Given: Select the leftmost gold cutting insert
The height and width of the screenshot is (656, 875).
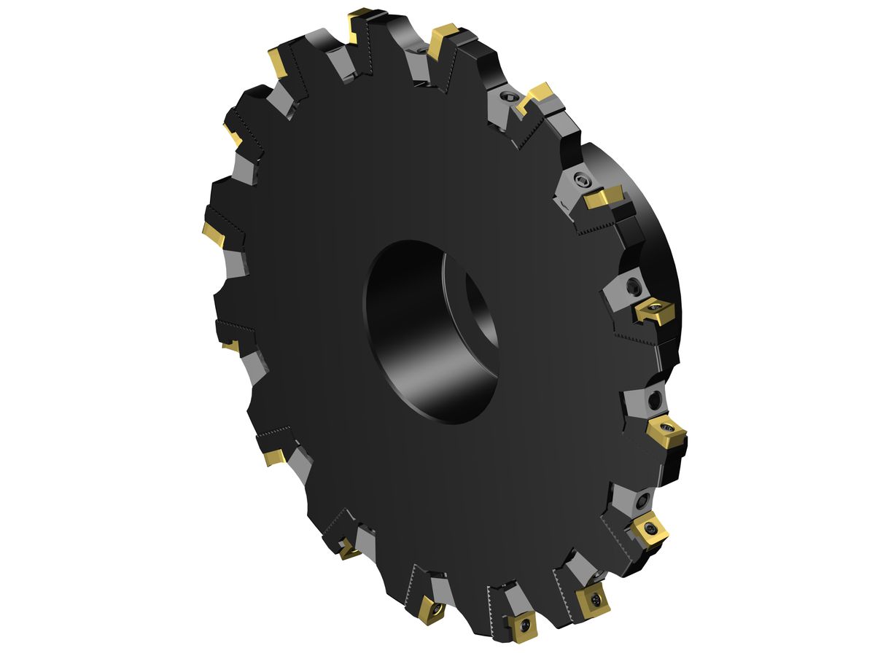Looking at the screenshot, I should click(214, 233).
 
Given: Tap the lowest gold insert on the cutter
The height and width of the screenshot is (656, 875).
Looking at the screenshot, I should click(523, 628).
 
